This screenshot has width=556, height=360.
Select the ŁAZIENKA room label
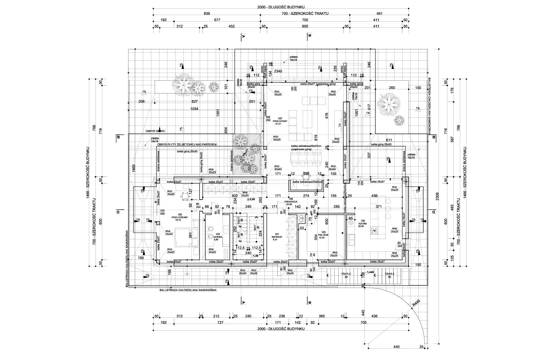click(216, 238)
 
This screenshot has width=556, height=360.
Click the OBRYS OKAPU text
click(156, 131)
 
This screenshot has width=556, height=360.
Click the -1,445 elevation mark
click(370, 272)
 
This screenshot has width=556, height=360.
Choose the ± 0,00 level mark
click(251, 199)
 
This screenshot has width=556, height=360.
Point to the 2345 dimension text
click(278, 71)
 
